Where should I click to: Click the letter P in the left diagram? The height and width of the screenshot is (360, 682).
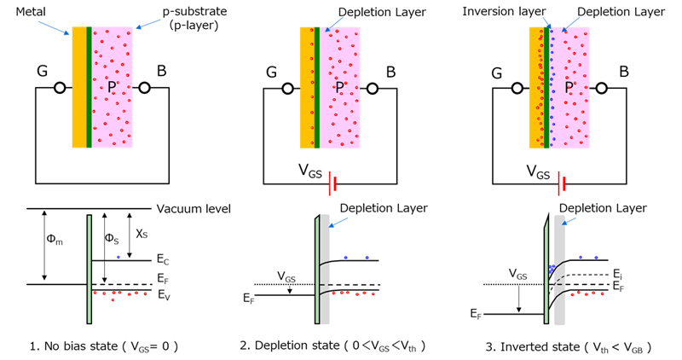(x=112, y=87)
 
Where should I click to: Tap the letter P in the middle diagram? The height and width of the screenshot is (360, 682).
(x=339, y=87)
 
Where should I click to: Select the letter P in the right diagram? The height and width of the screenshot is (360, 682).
(x=569, y=87)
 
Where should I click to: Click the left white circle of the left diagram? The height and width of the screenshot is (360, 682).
(x=60, y=88)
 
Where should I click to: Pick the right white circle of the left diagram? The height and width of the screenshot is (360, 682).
(x=145, y=88)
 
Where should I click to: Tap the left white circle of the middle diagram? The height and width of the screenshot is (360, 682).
(x=288, y=88)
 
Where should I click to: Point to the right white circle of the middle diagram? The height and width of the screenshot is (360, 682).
(x=373, y=88)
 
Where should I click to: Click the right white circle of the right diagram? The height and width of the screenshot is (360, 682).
(x=602, y=88)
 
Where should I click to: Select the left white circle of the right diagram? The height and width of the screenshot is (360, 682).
(x=517, y=88)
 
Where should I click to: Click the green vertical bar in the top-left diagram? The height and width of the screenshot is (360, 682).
(x=89, y=85)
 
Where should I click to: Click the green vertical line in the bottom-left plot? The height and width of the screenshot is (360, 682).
(x=89, y=269)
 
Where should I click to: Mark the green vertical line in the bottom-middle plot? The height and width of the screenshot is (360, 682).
(x=317, y=269)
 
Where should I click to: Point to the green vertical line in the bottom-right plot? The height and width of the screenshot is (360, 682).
(x=546, y=269)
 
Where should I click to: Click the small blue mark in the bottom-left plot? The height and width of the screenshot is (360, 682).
(x=118, y=253)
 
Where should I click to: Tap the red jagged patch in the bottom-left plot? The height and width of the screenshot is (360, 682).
(x=126, y=305)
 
